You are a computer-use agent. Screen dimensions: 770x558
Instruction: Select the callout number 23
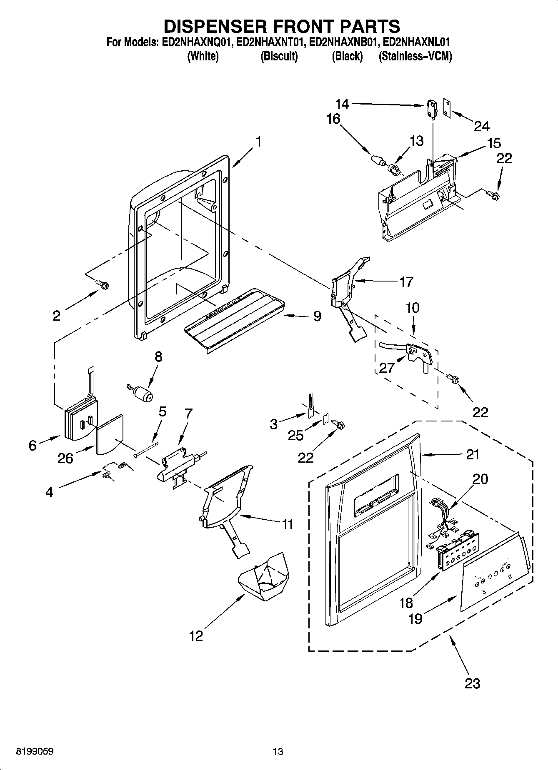(x=472, y=683)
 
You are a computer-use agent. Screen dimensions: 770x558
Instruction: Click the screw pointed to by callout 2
(x=103, y=284)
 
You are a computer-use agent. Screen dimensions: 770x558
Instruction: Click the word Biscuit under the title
(x=279, y=57)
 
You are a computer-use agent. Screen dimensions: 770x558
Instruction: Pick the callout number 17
(x=406, y=282)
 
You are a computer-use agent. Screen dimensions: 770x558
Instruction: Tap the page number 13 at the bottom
(x=278, y=752)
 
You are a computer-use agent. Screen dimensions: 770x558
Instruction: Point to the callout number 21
(x=472, y=454)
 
